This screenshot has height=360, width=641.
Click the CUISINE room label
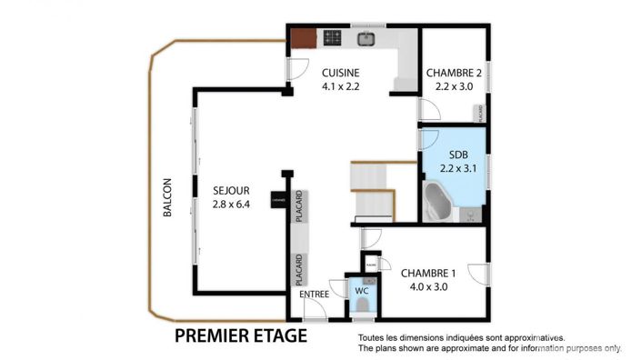click(x=341, y=73)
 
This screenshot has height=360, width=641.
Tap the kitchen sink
click(x=366, y=38)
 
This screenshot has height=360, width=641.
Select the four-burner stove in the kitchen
click(x=333, y=38)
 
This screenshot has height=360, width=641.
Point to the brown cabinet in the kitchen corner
click(x=302, y=38)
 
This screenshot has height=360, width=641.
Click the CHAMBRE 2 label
click(x=454, y=73)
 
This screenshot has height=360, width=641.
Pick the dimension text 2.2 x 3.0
click(x=454, y=87)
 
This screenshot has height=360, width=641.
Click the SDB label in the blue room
click(x=454, y=154)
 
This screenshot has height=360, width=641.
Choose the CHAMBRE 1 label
click(x=428, y=272)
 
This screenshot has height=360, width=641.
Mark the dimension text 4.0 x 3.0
click(x=428, y=286)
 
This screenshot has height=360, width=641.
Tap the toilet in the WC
click(x=361, y=307)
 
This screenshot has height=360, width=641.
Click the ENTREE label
click(x=314, y=294)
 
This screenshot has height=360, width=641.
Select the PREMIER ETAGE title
click(x=240, y=336)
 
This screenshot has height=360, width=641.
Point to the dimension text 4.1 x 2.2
click(x=341, y=87)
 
